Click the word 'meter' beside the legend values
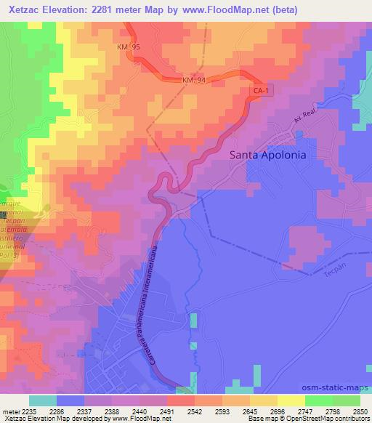[9, 411]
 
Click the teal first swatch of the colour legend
[42, 400]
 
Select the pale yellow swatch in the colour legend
[291, 400]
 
